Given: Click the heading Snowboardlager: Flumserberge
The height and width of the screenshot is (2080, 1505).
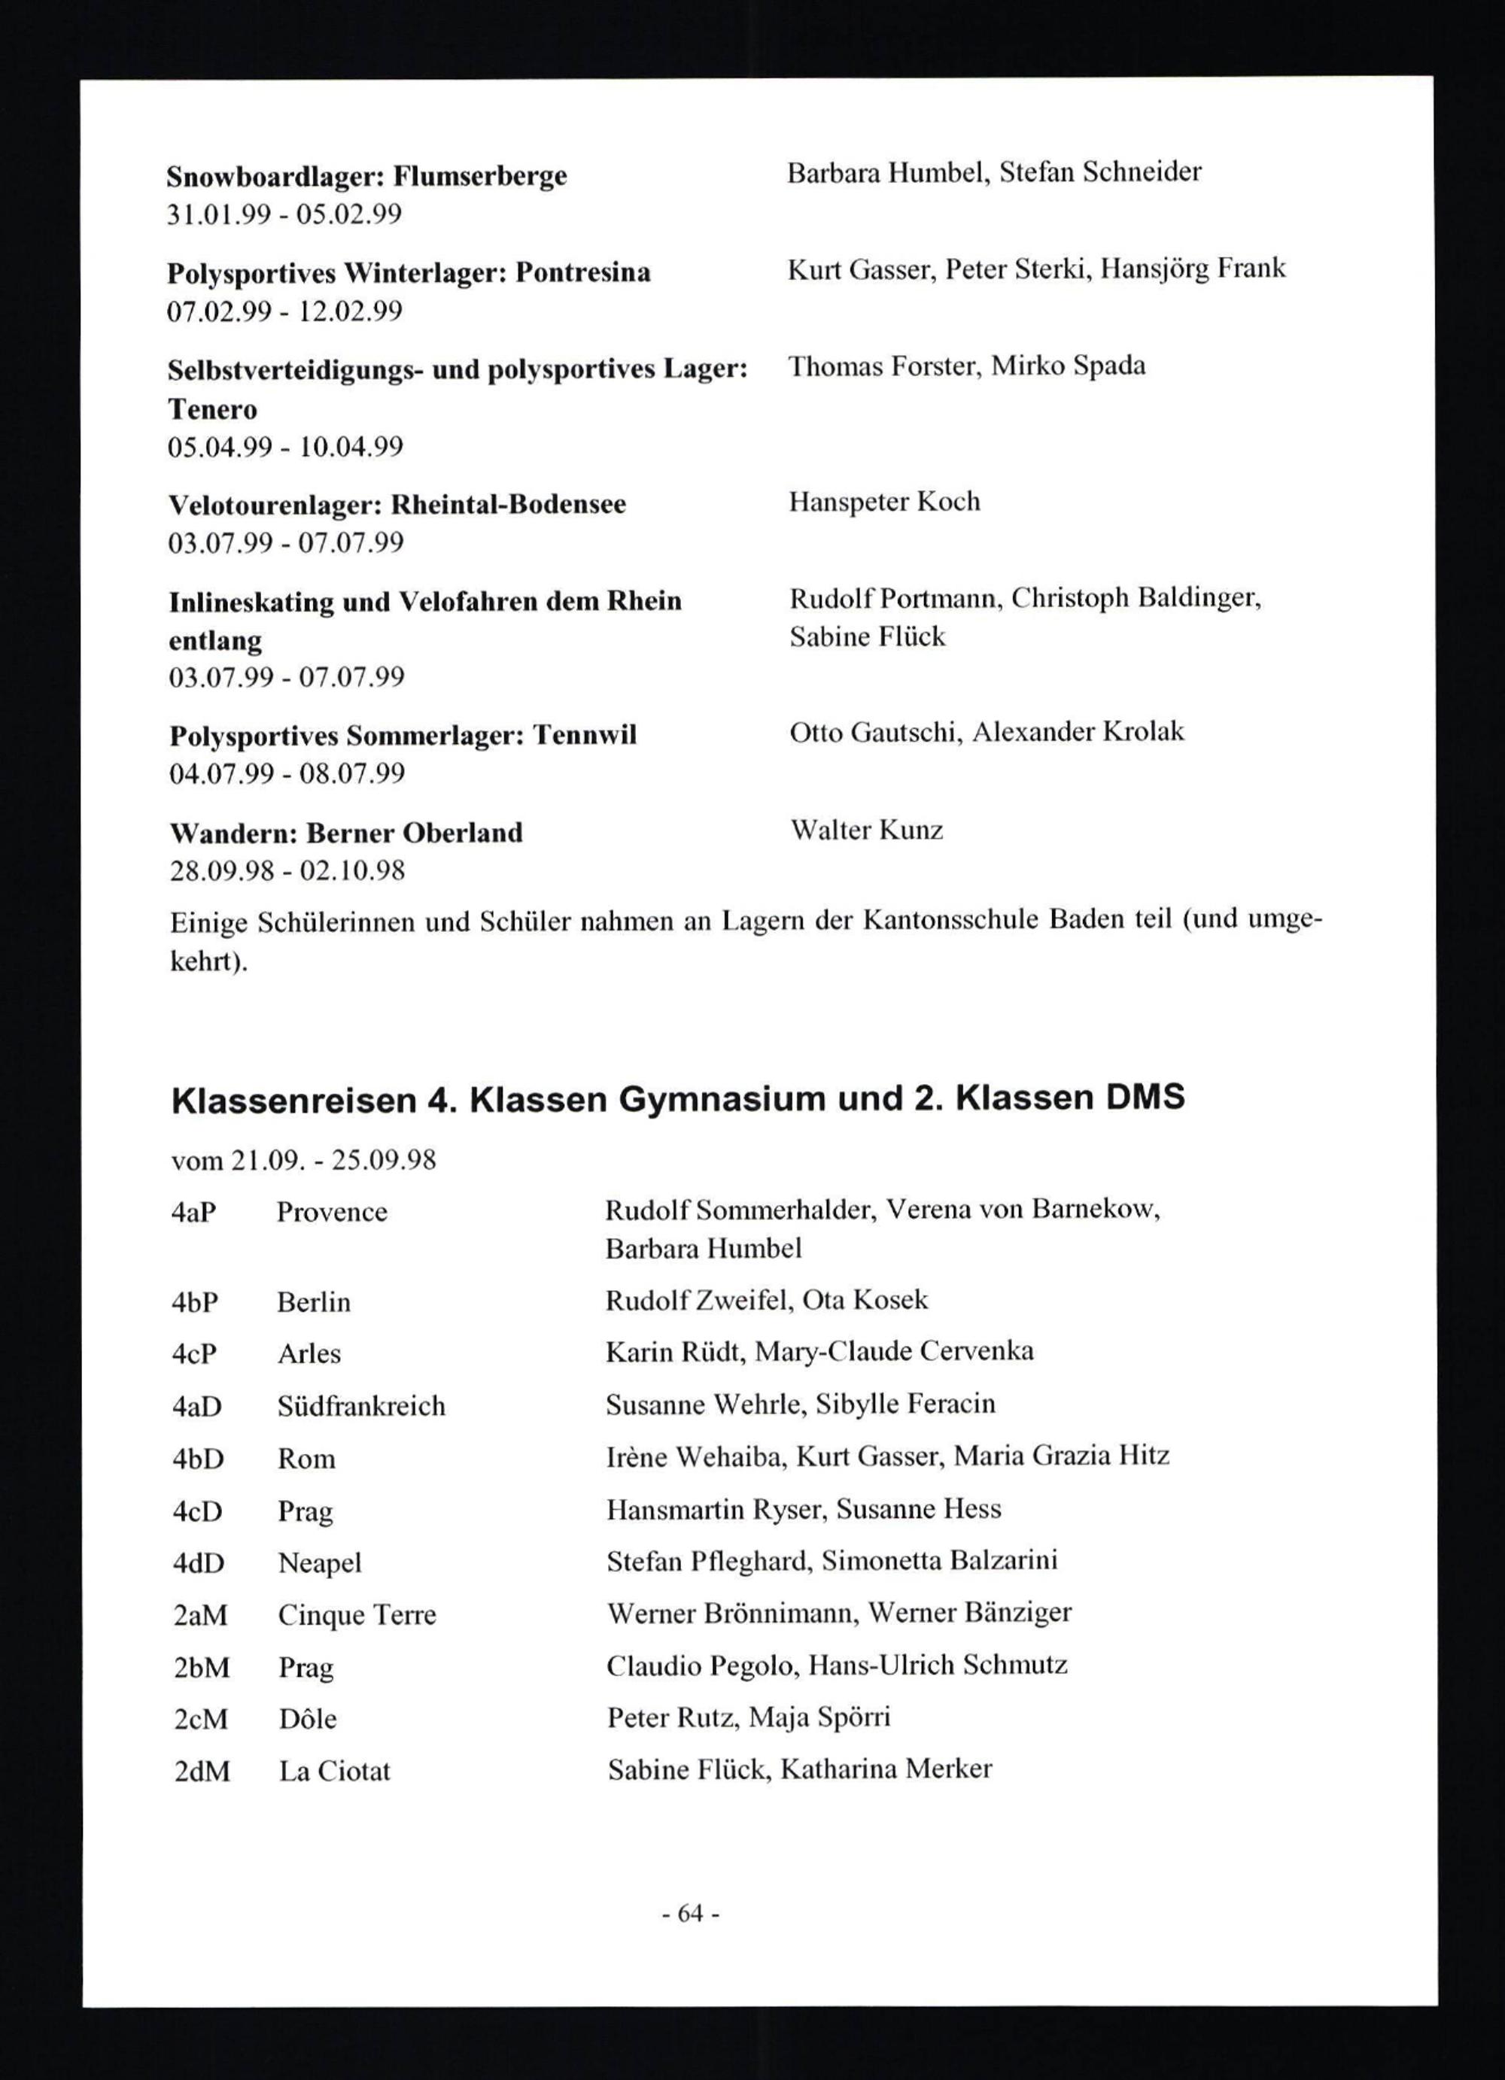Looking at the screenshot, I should (367, 175).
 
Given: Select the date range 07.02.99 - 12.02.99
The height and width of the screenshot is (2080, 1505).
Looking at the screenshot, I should (284, 312).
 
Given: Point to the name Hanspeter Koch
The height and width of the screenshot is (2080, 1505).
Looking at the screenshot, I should (884, 502).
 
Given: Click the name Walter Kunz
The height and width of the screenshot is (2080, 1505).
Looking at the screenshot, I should (867, 830).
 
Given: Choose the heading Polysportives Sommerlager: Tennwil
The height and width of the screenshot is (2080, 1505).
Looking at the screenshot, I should (403, 736).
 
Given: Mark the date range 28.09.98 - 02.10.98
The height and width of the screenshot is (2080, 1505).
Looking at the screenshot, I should (287, 870).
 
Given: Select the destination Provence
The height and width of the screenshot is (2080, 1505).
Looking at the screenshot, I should (332, 1213).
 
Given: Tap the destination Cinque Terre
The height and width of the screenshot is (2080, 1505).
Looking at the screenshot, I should (357, 1615).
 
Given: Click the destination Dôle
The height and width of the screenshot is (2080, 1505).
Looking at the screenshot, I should (307, 1719).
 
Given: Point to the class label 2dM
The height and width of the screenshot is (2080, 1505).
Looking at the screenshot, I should (202, 1771).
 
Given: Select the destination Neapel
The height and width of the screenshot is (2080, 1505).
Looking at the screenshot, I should (319, 1562).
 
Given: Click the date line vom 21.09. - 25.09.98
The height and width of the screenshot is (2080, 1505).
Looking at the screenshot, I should (303, 1161).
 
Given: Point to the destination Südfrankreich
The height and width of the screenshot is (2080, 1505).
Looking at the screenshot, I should (361, 1406).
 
